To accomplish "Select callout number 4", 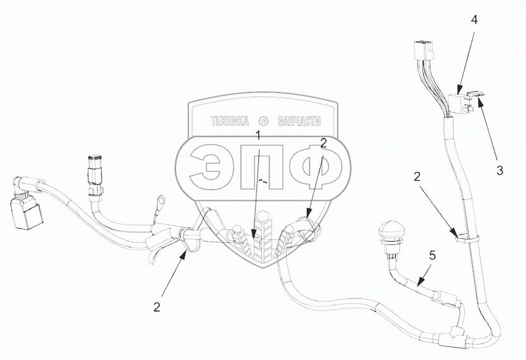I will point(473,20).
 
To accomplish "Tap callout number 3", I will point(499,169).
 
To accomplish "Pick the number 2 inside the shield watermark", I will point(323,143).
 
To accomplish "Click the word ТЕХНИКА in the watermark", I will point(231,121).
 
